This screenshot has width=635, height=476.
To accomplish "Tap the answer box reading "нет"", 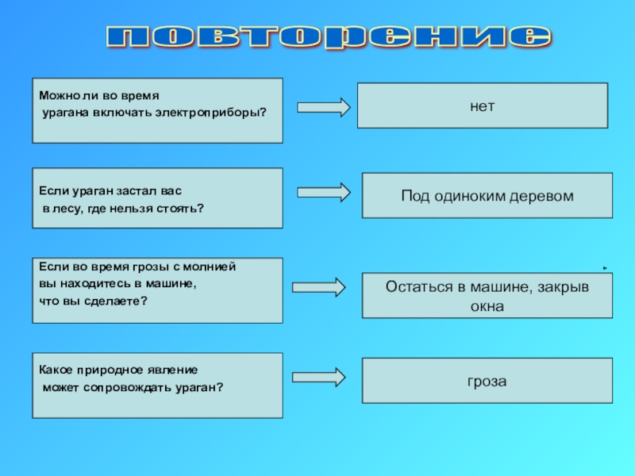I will [482, 105].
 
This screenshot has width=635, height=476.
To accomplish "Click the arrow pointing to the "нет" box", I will [323, 107].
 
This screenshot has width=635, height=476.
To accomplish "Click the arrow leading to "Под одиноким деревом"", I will [323, 192].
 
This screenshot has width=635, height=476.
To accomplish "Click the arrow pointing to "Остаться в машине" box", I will [318, 287].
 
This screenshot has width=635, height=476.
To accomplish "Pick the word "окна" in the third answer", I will [487, 305].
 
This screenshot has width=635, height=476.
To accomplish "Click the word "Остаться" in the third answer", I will [417, 287].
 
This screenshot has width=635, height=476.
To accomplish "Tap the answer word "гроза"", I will [487, 382].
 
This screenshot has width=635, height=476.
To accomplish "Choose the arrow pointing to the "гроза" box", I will [318, 378].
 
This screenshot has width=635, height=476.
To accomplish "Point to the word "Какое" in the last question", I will [57, 370].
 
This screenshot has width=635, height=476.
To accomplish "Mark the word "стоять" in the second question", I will [179, 209].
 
